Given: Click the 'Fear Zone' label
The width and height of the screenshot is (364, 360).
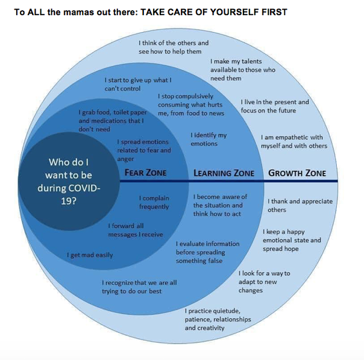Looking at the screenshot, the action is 145,173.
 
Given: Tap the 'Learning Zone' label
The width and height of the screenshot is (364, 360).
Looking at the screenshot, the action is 224,173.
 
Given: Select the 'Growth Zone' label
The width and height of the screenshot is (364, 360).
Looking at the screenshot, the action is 297,173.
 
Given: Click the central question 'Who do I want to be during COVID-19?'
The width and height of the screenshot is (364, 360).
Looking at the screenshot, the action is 69,181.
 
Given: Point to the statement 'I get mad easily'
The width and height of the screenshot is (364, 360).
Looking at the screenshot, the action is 90,255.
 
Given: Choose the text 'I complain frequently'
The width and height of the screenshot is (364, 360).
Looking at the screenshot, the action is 154,202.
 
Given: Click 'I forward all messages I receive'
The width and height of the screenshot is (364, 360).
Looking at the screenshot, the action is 136,230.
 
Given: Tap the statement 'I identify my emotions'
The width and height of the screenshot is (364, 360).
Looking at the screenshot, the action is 209,140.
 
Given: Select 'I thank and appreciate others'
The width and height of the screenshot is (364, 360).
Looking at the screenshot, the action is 300,205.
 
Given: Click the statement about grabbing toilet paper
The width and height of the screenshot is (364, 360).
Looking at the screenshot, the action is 113,120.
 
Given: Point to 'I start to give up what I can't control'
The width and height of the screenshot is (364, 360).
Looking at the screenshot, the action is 138,84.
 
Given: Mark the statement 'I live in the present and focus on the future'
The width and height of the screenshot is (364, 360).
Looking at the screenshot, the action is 275,106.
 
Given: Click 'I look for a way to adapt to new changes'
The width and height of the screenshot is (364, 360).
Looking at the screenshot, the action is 264,282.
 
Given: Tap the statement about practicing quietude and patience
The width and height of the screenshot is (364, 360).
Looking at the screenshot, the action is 218,320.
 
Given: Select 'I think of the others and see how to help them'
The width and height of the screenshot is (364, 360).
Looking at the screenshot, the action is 174,47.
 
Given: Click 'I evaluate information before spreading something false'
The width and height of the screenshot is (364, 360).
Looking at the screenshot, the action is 207,252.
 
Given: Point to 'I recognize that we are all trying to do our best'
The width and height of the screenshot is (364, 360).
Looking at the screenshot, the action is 139,287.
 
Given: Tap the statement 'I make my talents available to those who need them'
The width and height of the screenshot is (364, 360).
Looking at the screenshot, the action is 243,70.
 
